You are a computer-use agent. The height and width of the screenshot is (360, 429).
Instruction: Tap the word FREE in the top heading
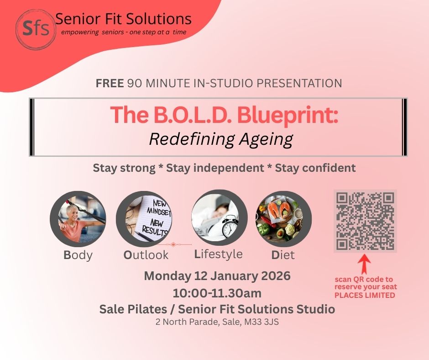point(110,84)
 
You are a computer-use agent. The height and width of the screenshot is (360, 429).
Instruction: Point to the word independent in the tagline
point(215,168)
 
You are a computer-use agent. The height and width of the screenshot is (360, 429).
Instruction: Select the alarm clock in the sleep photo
point(230,227)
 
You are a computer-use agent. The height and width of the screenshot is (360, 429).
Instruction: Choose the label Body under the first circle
point(78,255)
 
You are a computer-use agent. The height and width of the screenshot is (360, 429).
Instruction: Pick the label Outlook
point(146,255)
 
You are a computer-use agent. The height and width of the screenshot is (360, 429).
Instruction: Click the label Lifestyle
point(218,254)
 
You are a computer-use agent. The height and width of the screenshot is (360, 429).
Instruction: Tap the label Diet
point(283,255)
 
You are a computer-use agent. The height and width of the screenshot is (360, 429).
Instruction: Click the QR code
point(365,221)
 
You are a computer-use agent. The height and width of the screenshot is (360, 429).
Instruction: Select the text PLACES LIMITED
point(365,295)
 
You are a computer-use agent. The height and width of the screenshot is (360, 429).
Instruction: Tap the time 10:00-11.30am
point(217,293)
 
